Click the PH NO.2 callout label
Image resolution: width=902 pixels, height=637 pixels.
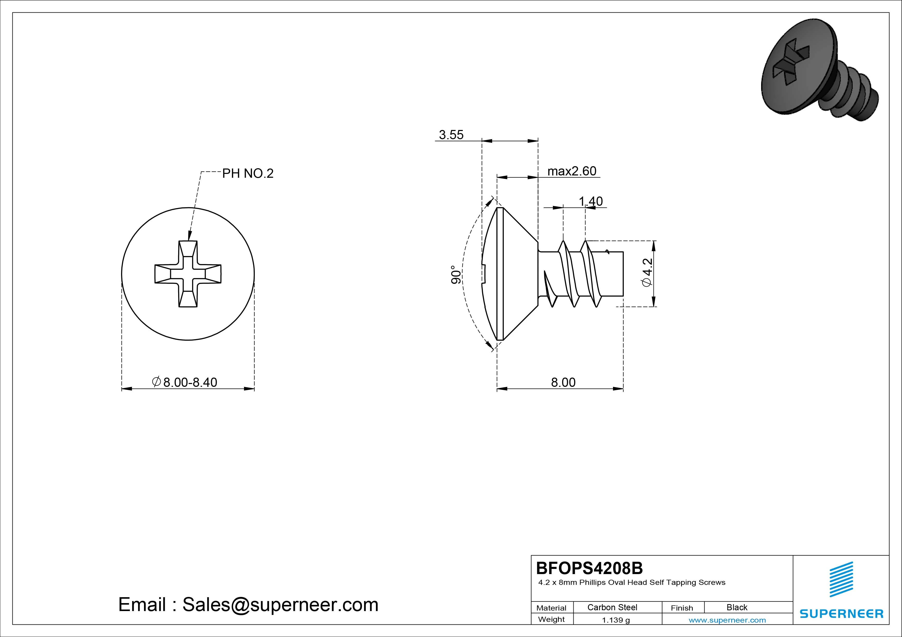248,173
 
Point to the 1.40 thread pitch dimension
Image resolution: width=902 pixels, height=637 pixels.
590,201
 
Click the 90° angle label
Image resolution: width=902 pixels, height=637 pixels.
456,274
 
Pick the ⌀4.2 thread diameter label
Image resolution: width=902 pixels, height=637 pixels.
647,272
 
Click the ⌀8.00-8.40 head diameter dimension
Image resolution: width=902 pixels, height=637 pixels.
184,382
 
